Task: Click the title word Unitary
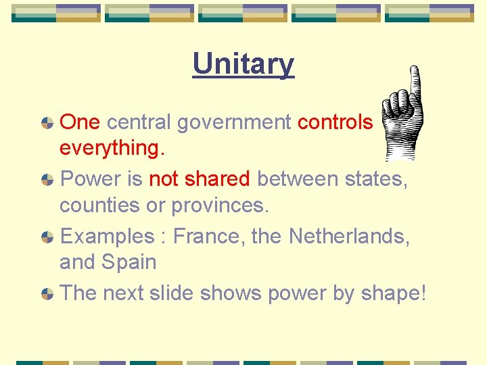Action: pyautogui.click(x=243, y=64)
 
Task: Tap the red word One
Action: pyautogui.click(x=80, y=122)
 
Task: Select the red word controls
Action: pyautogui.click(x=335, y=122)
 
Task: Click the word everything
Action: pyautogui.click(x=112, y=148)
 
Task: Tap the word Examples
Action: pyautogui.click(x=107, y=237)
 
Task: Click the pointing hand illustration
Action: pyautogui.click(x=402, y=118)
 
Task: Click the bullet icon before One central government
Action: pyautogui.click(x=47, y=122)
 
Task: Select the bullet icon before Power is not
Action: pyautogui.click(x=47, y=180)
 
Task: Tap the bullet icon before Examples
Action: pyautogui.click(x=47, y=237)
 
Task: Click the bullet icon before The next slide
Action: pyautogui.click(x=47, y=294)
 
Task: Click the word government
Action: pyautogui.click(x=233, y=122)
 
